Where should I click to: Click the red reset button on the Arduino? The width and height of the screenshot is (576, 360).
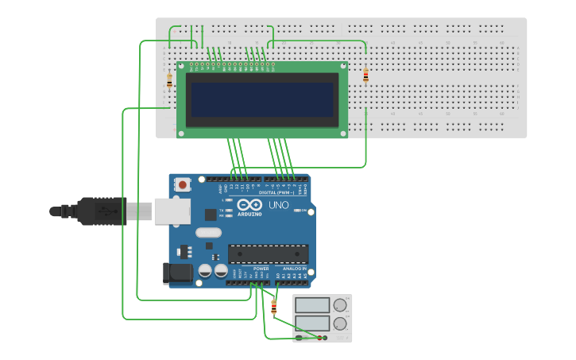tap(183, 185)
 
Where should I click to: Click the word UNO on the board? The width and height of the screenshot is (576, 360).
tap(278, 205)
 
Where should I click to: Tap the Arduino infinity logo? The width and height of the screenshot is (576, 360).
tap(249, 204)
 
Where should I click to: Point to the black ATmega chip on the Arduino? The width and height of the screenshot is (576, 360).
tap(268, 254)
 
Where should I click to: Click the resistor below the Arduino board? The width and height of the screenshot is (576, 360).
tap(274, 307)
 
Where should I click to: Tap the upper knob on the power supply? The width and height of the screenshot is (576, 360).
tap(340, 304)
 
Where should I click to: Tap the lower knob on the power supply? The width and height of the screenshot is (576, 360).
tap(340, 323)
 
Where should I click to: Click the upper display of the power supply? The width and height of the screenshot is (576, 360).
tap(312, 304)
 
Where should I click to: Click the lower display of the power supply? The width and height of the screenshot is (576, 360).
tap(312, 323)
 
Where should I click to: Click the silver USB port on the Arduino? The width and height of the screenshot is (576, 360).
tap(172, 211)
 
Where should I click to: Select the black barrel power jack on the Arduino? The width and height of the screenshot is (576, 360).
tap(176, 273)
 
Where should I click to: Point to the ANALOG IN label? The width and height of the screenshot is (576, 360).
tap(292, 269)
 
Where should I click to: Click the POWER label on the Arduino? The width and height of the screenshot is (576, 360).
tap(261, 269)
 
